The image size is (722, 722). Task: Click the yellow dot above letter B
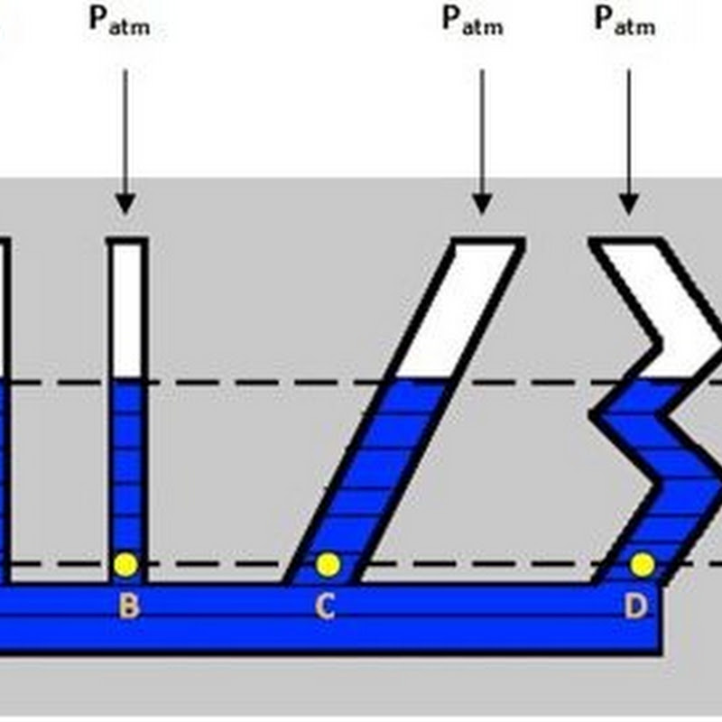[125, 565]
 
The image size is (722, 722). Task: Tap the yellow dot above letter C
[328, 565]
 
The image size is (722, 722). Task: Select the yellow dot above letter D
[643, 565]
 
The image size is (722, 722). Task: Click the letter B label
[128, 606]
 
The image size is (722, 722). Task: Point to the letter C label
[325, 606]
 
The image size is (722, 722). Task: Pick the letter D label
[636, 606]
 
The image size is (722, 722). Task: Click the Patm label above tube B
[120, 21]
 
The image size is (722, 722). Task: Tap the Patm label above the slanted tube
[472, 21]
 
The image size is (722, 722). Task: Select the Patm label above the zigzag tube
[625, 21]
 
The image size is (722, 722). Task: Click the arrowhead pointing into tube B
[125, 205]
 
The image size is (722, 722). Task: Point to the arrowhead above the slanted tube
[482, 205]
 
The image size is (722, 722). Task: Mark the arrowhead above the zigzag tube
[629, 205]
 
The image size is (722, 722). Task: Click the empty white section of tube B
[127, 310]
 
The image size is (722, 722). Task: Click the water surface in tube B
[127, 379]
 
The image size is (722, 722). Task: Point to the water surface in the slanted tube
[421, 379]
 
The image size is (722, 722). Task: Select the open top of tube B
[127, 241]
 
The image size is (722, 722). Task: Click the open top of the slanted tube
[488, 241]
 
